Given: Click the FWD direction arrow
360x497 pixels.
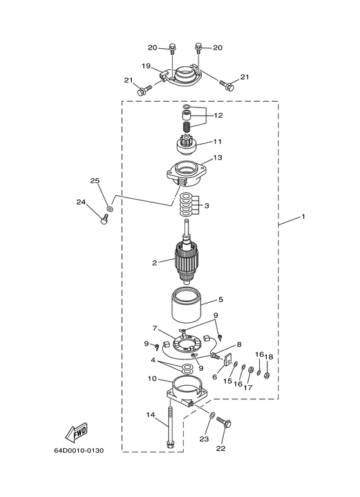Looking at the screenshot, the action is (x=76, y=432).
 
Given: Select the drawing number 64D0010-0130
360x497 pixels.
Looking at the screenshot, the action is (x=78, y=451).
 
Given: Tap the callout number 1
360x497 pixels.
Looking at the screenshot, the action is (x=303, y=217).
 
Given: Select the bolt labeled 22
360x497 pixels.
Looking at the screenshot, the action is (x=224, y=424).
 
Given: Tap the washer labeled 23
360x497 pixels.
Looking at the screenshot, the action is (x=212, y=415).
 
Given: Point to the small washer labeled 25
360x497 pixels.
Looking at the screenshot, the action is (x=110, y=209).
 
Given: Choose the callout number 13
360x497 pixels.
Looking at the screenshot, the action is (x=218, y=158).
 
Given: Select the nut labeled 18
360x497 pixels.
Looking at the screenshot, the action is (x=267, y=375).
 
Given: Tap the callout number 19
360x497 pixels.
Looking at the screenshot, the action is (x=146, y=66).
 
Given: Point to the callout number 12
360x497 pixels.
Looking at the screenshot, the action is (x=219, y=115).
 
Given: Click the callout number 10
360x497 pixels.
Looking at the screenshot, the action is (x=152, y=379).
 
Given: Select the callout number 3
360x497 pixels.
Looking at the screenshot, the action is (x=207, y=206).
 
